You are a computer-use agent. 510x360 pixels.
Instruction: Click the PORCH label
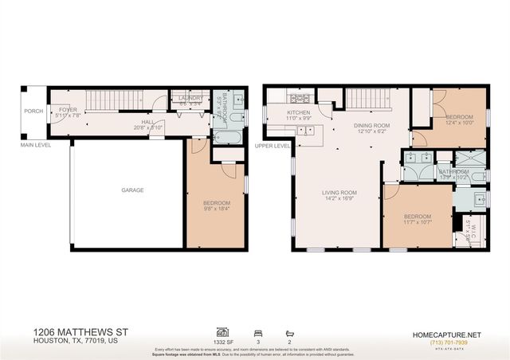(x=33, y=112)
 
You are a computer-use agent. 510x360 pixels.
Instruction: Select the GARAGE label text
(x=132, y=191)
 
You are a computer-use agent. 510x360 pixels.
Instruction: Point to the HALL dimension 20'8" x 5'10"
(x=148, y=127)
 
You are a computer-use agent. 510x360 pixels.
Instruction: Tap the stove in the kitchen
(x=302, y=99)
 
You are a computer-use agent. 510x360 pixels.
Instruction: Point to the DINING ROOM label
(x=371, y=125)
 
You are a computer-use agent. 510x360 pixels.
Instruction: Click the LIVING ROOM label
(x=339, y=192)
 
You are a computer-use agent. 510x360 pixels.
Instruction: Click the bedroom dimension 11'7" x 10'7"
(x=417, y=221)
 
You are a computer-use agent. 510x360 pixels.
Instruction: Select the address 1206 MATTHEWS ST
(x=81, y=331)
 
